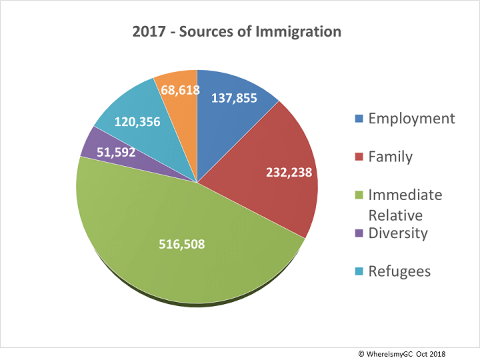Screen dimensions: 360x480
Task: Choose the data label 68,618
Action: click(176, 88)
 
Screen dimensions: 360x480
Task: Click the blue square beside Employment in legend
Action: click(359, 119)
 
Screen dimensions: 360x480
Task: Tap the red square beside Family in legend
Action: click(359, 157)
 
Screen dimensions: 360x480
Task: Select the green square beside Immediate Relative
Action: click(359, 196)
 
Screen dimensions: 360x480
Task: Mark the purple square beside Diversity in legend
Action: click(359, 234)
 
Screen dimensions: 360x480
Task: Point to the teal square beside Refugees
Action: click(359, 272)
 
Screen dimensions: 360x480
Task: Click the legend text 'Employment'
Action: click(411, 119)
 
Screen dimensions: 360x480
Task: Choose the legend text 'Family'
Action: click(390, 157)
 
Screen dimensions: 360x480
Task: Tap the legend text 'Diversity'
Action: click(397, 233)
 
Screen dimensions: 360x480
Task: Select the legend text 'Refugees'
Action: click(399, 271)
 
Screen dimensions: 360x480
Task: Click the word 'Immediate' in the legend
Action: click(405, 195)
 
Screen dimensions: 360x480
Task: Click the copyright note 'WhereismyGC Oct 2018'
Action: click(415, 351)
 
